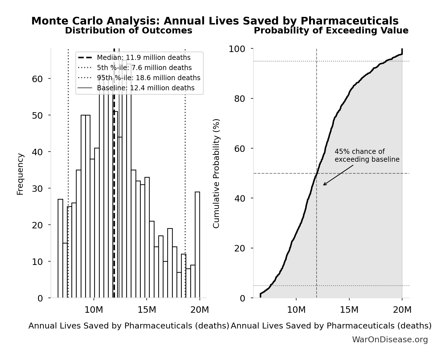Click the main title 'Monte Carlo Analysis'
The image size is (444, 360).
(x=215, y=21)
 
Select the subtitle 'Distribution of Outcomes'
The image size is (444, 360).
(x=128, y=30)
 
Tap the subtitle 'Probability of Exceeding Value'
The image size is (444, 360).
(x=331, y=30)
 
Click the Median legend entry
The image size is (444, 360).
(x=143, y=58)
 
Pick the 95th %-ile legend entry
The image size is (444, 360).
(x=148, y=78)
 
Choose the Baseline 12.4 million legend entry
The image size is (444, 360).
(x=145, y=88)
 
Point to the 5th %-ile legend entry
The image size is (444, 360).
(x=144, y=68)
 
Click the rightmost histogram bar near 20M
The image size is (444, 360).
(x=197, y=245)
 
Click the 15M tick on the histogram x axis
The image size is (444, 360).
(x=146, y=310)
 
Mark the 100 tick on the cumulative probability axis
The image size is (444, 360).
(x=237, y=49)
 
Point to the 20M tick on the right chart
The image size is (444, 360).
(x=402, y=310)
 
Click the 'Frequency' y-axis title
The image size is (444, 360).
(x=20, y=174)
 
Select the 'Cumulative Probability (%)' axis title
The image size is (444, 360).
(x=216, y=174)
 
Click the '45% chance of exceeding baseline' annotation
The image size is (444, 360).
(x=367, y=156)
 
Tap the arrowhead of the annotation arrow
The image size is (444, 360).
(x=324, y=185)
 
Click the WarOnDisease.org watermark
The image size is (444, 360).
(x=390, y=339)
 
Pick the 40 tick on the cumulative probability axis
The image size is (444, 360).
(x=239, y=198)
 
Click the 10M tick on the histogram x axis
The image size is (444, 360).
(x=94, y=310)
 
